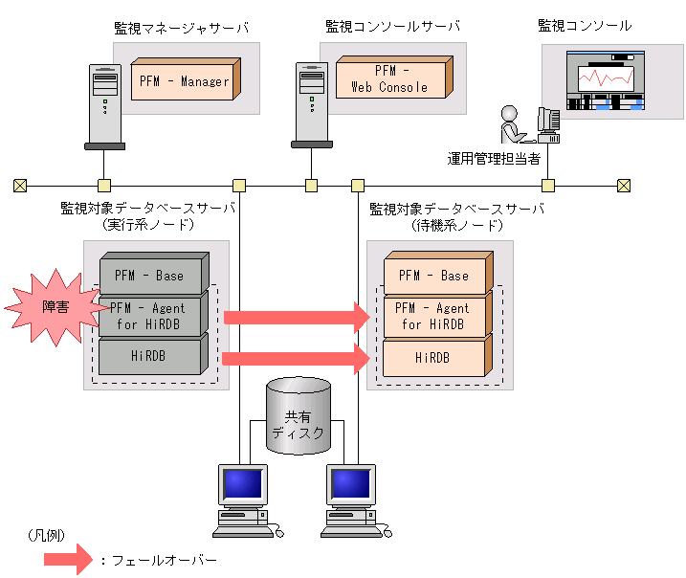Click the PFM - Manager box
coord(184,80)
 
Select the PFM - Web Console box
coord(390,79)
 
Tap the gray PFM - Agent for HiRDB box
coord(153,317)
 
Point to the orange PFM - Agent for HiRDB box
coord(435,317)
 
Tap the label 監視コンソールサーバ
coord(392,26)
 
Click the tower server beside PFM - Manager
coord(103,105)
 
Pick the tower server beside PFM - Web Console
coord(311,105)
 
